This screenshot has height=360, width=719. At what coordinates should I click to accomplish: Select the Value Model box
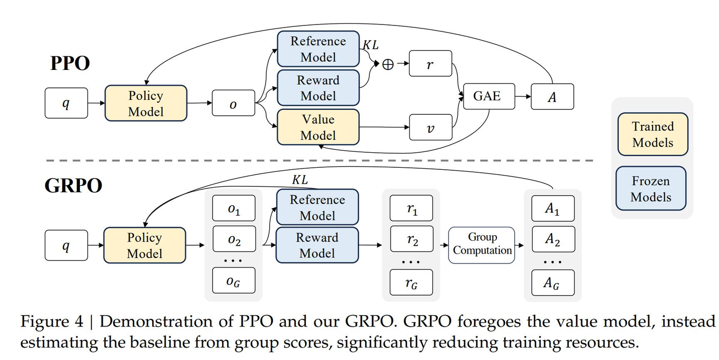318,127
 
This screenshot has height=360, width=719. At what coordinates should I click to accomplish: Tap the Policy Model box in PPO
146,103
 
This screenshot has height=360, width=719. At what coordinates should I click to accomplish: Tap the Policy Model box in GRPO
145,245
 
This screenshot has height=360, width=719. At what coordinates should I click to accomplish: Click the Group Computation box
482,244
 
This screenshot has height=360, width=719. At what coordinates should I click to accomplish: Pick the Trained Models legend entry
653,134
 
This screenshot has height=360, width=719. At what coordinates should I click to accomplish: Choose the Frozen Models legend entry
651,189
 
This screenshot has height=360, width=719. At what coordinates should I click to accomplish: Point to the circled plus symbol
388,64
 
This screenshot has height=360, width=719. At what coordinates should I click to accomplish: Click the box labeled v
430,128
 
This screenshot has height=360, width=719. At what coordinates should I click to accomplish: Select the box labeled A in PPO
552,97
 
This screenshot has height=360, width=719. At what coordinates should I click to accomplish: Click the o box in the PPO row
233,104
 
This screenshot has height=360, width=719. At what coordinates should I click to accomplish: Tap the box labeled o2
234,242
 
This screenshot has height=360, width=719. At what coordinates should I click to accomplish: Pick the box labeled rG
411,283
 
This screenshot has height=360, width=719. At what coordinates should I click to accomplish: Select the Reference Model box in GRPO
317,207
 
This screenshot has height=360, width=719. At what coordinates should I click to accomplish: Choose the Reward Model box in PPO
318,88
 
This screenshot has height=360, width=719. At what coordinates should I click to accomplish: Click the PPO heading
70,63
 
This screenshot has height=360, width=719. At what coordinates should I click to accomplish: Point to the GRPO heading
73,186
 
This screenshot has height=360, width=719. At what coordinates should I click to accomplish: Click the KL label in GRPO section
299,179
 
